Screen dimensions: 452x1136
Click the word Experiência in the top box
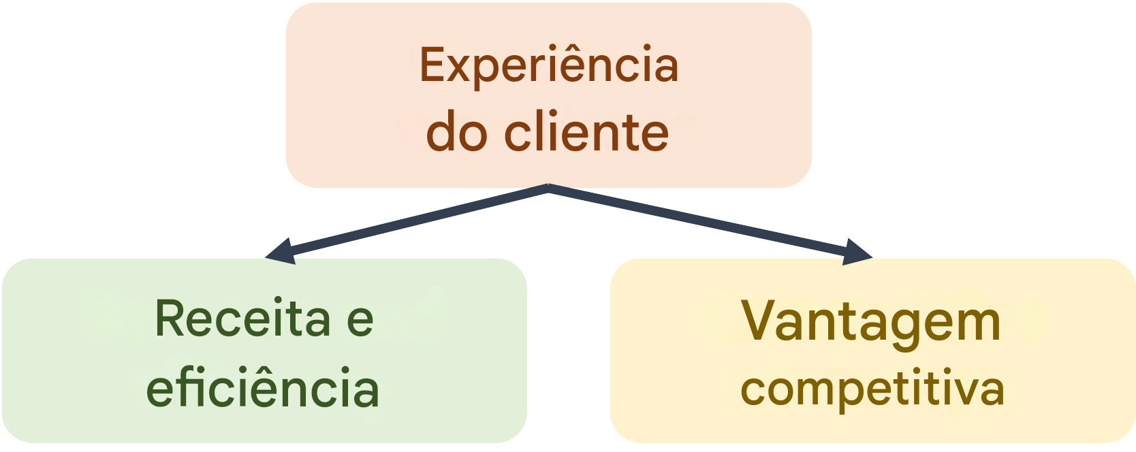click(548, 66)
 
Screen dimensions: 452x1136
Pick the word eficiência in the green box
click(263, 387)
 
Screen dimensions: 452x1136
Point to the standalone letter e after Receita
click(360, 319)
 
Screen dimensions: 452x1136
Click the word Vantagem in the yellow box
click(871, 322)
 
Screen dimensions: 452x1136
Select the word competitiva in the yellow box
click(872, 389)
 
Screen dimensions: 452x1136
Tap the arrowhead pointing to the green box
click(279, 251)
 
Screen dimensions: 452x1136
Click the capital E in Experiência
click(433, 65)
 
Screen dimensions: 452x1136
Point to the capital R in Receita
click(170, 318)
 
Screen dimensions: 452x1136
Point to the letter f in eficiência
click(181, 386)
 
